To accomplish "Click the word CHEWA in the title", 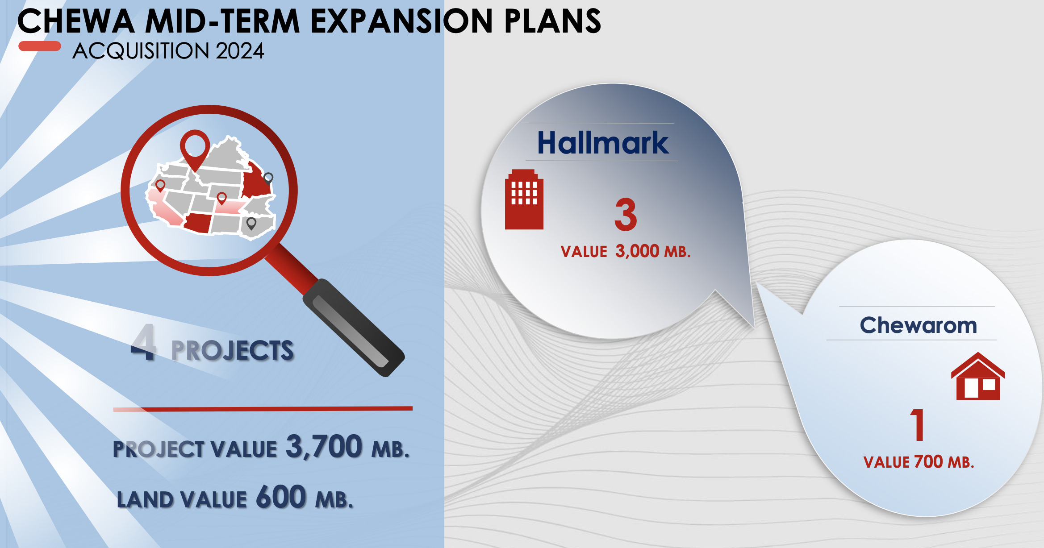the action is [76, 21].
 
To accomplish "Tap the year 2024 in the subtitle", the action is [240, 51].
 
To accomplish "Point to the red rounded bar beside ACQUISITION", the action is [40, 46].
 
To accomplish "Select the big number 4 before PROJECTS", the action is [143, 342].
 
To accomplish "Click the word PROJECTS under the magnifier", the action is [233, 350].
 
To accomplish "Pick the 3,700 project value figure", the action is [324, 446].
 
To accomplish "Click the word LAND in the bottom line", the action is [145, 499].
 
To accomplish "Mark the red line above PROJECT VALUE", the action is [263, 409].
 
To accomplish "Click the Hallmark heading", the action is [603, 143].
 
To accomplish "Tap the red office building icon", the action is [524, 199].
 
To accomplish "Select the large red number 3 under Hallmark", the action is [626, 215].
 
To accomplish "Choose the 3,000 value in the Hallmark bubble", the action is [638, 251].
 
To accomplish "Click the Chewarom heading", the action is [919, 325].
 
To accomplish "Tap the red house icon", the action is [978, 376].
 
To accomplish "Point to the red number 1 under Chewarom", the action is [918, 425].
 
